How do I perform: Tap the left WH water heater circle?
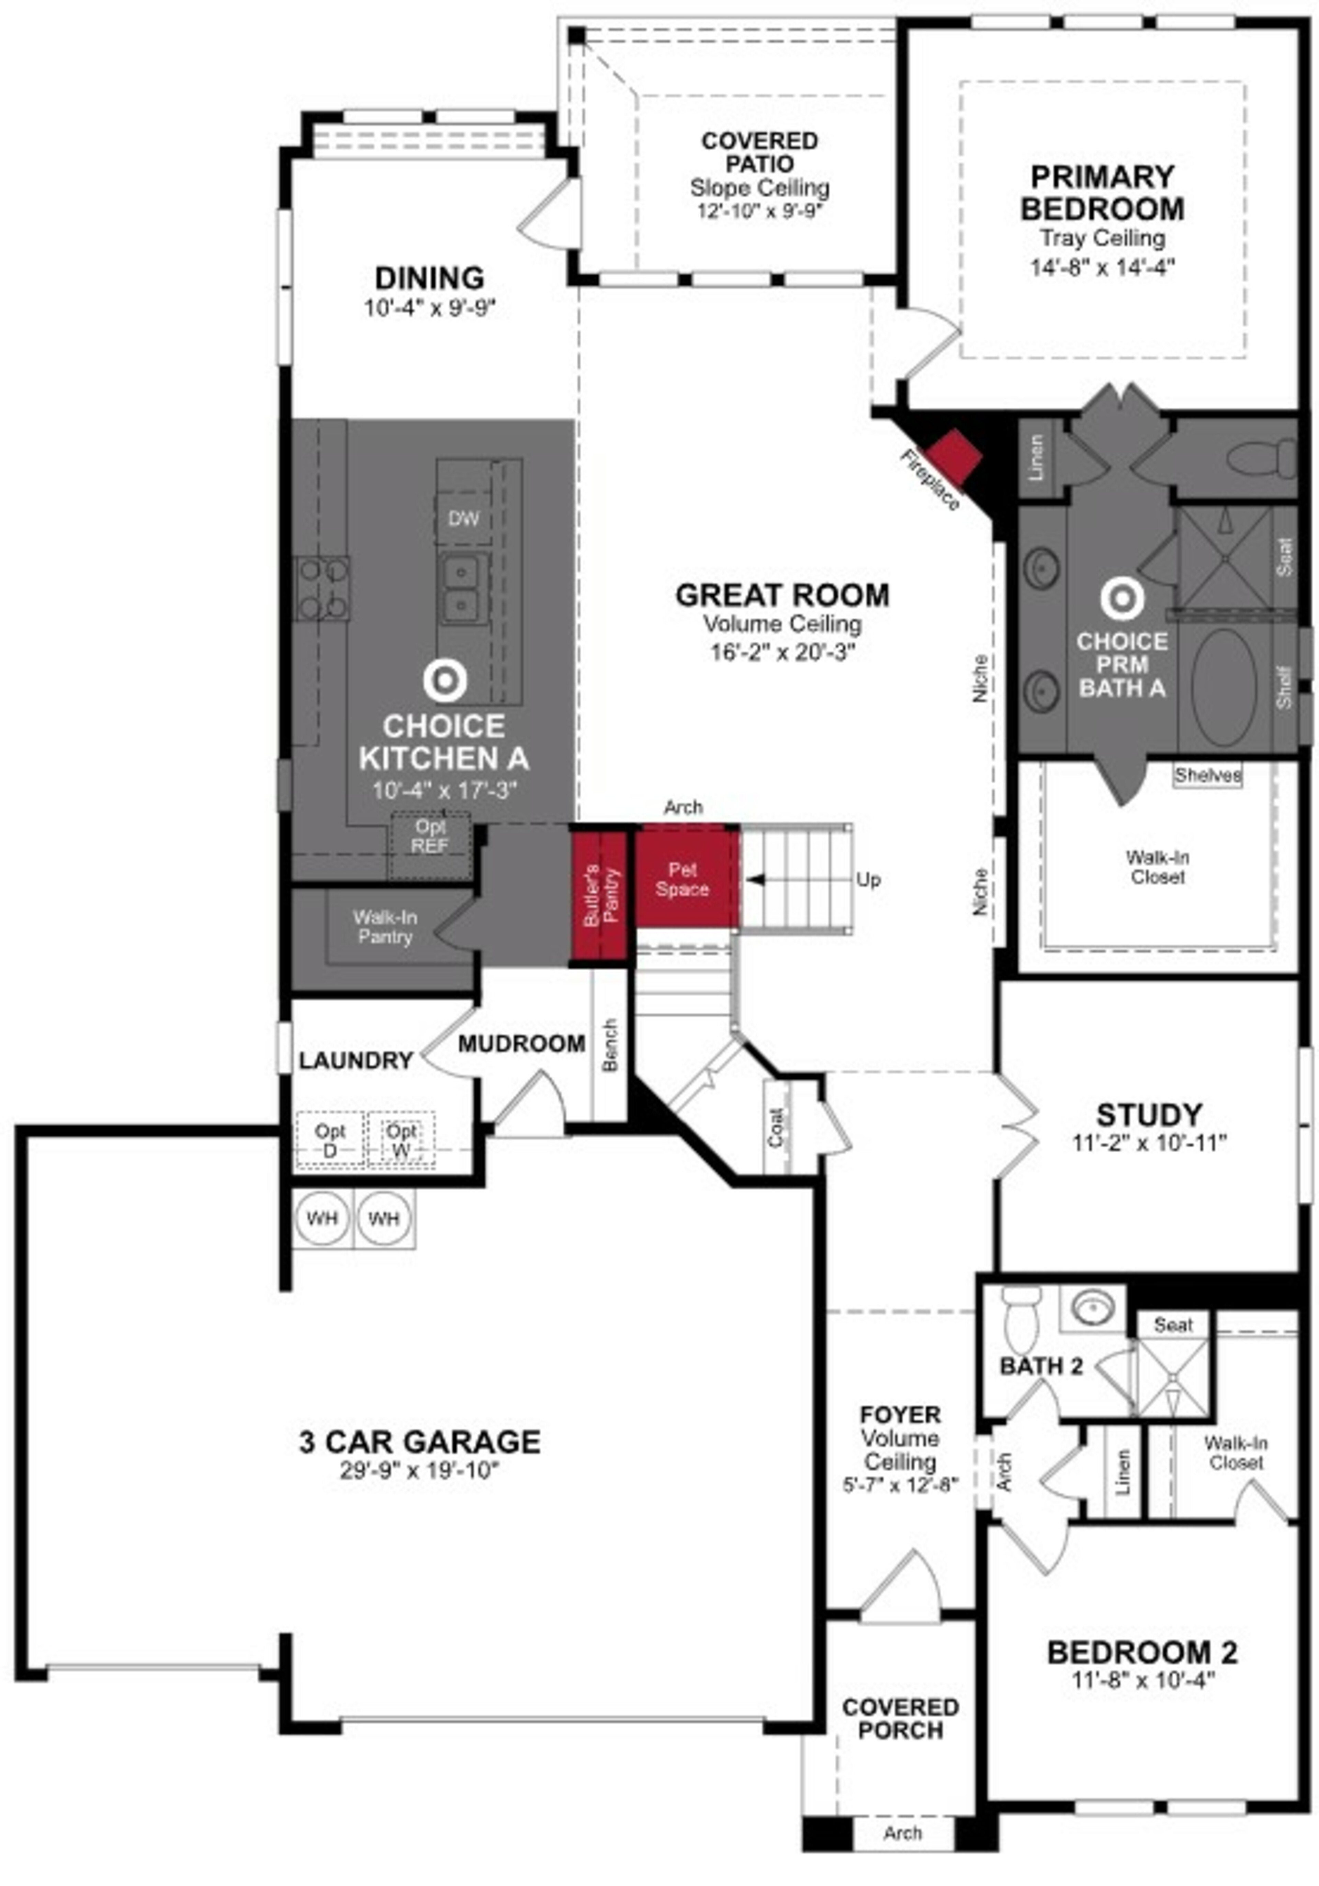click(x=322, y=1218)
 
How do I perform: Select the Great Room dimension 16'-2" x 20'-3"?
click(x=782, y=652)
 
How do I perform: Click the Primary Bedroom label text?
click(x=1102, y=193)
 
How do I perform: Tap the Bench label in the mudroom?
click(x=609, y=1045)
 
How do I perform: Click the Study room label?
click(x=1148, y=1115)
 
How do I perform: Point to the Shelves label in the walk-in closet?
click(x=1207, y=775)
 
